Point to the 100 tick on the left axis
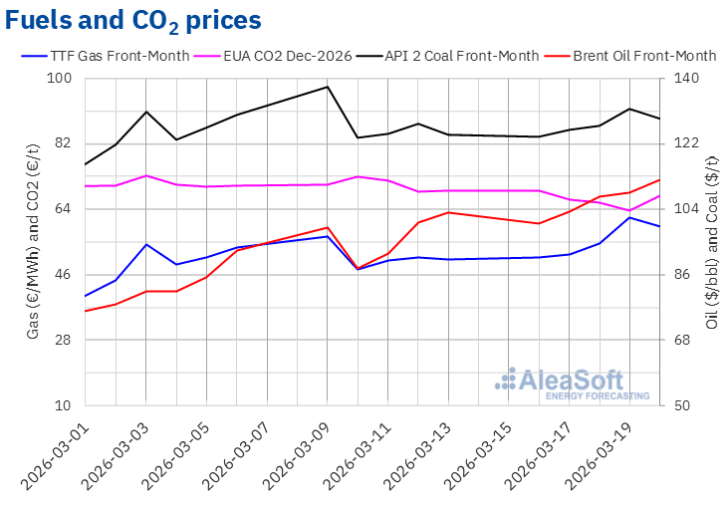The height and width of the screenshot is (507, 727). pos(65,79)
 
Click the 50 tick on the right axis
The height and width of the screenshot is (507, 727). pos(685,406)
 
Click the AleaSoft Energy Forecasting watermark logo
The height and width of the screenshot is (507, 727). pos(572,383)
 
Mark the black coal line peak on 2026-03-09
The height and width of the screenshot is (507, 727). pos(328,87)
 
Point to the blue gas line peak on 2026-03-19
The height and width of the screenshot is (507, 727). pos(629,217)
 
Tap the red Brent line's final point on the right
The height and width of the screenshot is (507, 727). pos(659,180)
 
